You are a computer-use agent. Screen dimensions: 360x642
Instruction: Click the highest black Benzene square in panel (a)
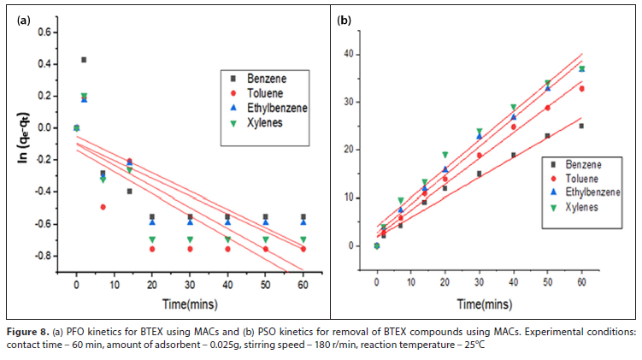click(x=84, y=60)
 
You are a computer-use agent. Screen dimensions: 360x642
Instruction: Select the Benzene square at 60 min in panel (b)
click(x=581, y=126)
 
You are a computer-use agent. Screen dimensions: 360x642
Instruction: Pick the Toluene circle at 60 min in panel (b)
click(x=581, y=89)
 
